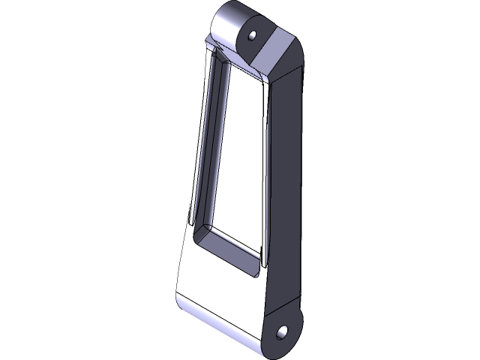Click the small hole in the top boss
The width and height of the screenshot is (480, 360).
click(x=253, y=34)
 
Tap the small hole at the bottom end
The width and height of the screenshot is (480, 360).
click(x=283, y=331)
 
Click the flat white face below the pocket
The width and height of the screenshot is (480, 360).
click(x=217, y=289)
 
